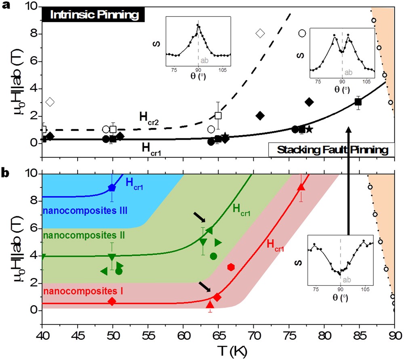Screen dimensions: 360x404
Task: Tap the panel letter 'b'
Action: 6,173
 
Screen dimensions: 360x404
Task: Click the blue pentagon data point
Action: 112,188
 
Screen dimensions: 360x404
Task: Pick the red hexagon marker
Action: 231,267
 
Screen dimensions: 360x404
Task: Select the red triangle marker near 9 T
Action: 301,187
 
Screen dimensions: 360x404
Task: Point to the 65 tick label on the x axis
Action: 218,335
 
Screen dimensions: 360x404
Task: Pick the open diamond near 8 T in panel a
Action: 260,33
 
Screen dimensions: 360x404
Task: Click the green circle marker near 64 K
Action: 213,256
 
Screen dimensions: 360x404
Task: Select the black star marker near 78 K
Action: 309,130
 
